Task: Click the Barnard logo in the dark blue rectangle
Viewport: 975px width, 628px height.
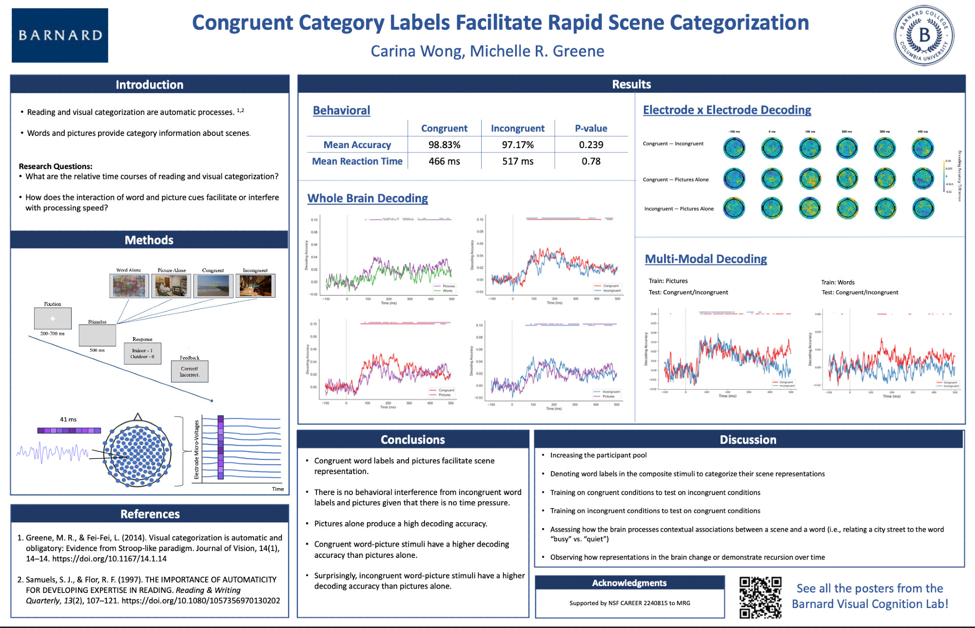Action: (60, 35)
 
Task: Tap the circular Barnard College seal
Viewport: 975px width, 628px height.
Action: (924, 36)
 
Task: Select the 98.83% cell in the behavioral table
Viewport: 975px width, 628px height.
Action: (444, 145)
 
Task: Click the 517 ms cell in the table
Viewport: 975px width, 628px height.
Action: (518, 161)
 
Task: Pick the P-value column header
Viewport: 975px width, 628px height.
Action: (591, 128)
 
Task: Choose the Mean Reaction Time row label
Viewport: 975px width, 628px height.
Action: (357, 161)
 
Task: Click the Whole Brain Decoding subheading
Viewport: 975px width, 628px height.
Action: (368, 198)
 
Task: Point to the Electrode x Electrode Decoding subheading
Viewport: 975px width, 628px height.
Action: (727, 110)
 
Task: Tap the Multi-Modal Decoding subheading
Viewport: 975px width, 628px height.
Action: (706, 259)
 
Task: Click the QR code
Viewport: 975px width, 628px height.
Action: (760, 597)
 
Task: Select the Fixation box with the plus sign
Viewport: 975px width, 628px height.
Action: (53, 319)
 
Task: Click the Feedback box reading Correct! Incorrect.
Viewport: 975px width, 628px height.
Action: (190, 371)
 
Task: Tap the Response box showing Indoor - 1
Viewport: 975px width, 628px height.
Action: (142, 353)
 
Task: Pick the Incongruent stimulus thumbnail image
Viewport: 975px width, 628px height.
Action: (255, 285)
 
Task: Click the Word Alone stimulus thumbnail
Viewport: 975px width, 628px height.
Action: (129, 285)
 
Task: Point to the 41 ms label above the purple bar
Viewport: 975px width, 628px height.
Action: (68, 419)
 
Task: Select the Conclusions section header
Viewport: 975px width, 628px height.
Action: (413, 439)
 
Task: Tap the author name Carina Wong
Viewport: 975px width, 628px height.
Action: (417, 51)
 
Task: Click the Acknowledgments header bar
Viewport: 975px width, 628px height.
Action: (629, 583)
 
